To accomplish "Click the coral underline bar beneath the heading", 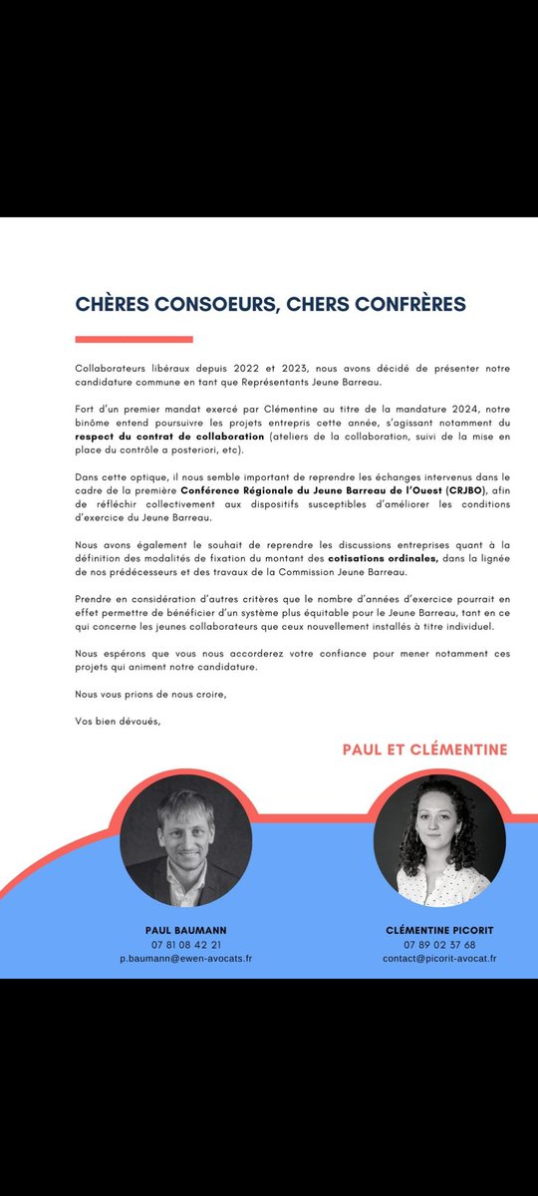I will [134, 339].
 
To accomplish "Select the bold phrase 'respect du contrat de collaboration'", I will [170, 437].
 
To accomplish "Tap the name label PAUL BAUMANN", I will [185, 929].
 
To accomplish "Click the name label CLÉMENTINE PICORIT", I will [439, 929].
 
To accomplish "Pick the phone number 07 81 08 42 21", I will [185, 944].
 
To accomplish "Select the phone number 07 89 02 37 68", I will [439, 944].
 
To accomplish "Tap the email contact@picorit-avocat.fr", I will [439, 958].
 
